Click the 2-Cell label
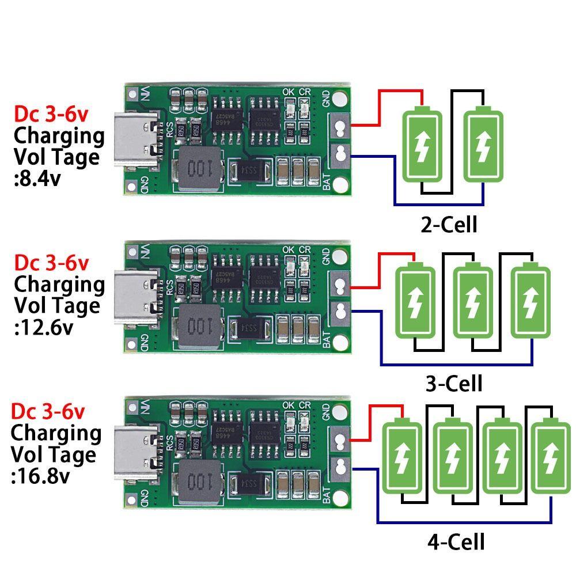tap(449, 224)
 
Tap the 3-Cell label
tap(453, 382)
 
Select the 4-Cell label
tap(456, 541)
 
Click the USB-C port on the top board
tap(139, 141)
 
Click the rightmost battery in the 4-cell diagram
tap(551, 458)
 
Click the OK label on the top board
tap(289, 91)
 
